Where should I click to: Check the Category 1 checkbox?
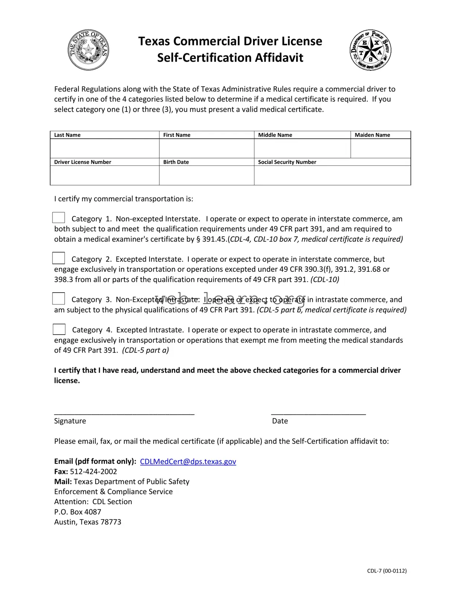click(59, 218)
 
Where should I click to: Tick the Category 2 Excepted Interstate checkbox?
click(59, 258)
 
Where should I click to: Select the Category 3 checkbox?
click(59, 299)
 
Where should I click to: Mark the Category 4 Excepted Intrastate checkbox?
click(59, 329)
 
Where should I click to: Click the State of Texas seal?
click(88, 50)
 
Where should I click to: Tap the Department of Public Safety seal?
click(370, 50)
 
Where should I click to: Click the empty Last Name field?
click(105, 148)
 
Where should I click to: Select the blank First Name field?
click(207, 148)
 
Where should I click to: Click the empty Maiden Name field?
click(380, 148)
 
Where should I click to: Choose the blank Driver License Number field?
click(105, 175)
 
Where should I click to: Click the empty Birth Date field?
click(207, 175)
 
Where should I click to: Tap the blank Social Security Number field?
click(332, 175)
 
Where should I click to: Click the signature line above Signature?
click(124, 413)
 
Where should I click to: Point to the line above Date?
click(318, 413)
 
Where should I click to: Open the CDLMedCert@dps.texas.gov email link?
click(188, 461)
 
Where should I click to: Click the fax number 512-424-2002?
click(93, 471)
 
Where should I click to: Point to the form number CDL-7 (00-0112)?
click(387, 571)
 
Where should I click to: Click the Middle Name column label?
click(275, 135)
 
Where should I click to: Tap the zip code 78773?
click(111, 522)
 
